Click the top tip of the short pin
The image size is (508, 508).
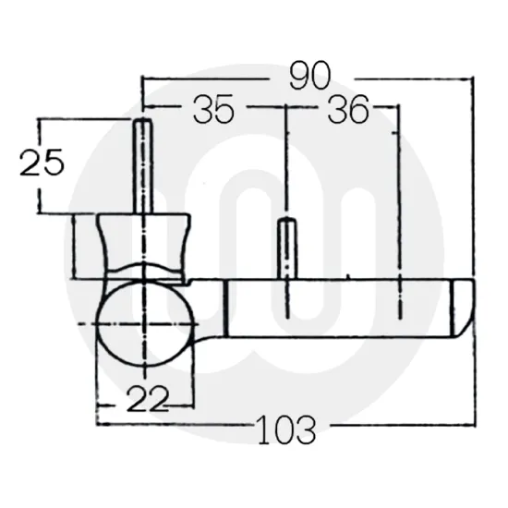(x=288, y=222)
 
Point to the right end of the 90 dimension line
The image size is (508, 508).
(x=473, y=79)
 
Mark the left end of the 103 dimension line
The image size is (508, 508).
(x=96, y=426)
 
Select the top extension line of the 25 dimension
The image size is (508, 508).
(x=83, y=119)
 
